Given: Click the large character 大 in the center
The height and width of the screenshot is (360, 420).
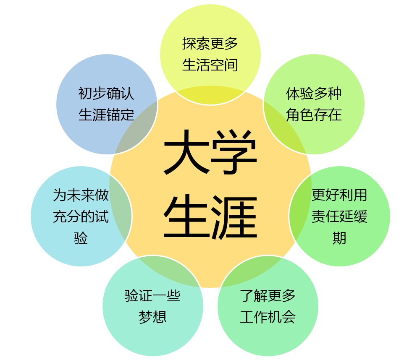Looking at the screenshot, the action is [x=186, y=152].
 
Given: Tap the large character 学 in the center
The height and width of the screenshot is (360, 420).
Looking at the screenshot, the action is [x=234, y=152].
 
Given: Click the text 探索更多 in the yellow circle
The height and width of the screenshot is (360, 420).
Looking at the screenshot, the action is [x=210, y=43].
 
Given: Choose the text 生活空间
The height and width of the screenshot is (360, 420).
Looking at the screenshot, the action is [x=210, y=65].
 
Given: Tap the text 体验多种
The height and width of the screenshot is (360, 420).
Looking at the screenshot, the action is [x=314, y=93].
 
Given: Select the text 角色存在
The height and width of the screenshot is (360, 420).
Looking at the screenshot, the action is [x=314, y=115].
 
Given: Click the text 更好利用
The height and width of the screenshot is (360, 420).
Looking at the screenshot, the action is [x=339, y=195].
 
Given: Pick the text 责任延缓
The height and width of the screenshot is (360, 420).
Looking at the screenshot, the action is [x=339, y=217].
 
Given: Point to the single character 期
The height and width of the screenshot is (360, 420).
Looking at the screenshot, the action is [x=339, y=238].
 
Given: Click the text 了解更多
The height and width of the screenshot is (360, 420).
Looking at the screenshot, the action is [x=268, y=295].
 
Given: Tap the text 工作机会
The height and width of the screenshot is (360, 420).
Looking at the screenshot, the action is [x=268, y=317].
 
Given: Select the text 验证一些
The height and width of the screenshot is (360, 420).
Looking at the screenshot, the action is [x=152, y=295].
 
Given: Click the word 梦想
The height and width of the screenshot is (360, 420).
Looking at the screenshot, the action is [x=152, y=317].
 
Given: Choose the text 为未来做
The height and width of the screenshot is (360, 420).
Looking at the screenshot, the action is [x=81, y=195].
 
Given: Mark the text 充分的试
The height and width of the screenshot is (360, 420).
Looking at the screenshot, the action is [x=81, y=217].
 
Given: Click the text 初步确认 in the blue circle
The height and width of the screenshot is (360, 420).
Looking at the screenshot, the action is [x=106, y=93].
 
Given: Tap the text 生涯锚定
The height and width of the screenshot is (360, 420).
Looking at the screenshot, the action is [x=106, y=115].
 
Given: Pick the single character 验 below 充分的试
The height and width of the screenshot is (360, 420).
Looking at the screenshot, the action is [x=81, y=238].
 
